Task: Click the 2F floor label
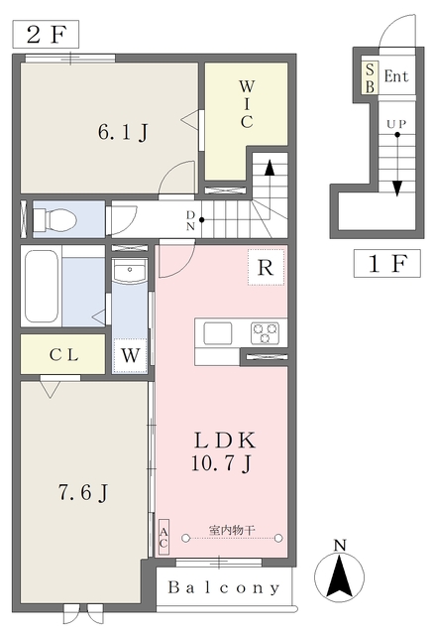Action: pyautogui.click(x=46, y=35)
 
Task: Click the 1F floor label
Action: pyautogui.click(x=386, y=264)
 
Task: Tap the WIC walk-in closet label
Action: pyautogui.click(x=247, y=104)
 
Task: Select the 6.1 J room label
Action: pyautogui.click(x=123, y=132)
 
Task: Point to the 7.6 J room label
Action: pyautogui.click(x=83, y=492)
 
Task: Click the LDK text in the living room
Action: pyautogui.click(x=225, y=441)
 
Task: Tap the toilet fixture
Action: pyautogui.click(x=54, y=219)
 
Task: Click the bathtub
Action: pyautogui.click(x=42, y=286)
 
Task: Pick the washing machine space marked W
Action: pyautogui.click(x=130, y=355)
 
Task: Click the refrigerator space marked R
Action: pyautogui.click(x=266, y=267)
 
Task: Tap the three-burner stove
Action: pyautogui.click(x=265, y=333)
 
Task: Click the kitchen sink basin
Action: pyautogui.click(x=218, y=333)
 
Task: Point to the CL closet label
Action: pyautogui.click(x=63, y=355)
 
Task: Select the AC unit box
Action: pyautogui.click(x=163, y=537)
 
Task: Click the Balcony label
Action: pyautogui.click(x=224, y=587)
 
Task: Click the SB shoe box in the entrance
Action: pyautogui.click(x=370, y=78)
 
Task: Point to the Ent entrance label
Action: pyautogui.click(x=396, y=76)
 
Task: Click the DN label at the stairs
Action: pyautogui.click(x=190, y=220)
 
